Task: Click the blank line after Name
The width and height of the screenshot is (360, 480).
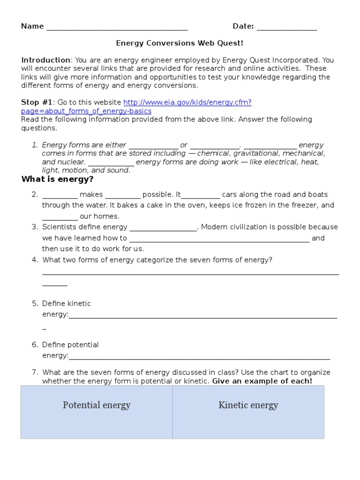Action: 117,27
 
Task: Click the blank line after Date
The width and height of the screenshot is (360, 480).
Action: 287,27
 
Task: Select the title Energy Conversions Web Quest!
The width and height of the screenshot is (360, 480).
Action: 180,43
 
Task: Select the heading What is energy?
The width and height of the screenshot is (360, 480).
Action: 58,180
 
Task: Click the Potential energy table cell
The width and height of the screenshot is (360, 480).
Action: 97,405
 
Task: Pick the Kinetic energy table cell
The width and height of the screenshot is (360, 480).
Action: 248,405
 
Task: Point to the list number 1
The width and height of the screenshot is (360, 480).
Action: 35,145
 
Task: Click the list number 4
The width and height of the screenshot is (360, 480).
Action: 35,260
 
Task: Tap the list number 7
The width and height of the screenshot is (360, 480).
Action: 35,372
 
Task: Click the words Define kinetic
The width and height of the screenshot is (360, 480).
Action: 67,303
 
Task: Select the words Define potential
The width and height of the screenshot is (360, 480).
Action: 70,345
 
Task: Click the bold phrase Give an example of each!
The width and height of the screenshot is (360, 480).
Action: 262,381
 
